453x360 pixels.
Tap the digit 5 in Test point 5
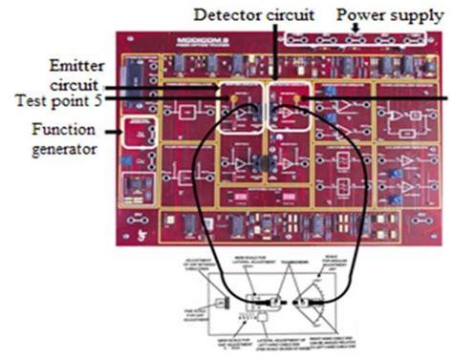pyautogui.click(x=110, y=99)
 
